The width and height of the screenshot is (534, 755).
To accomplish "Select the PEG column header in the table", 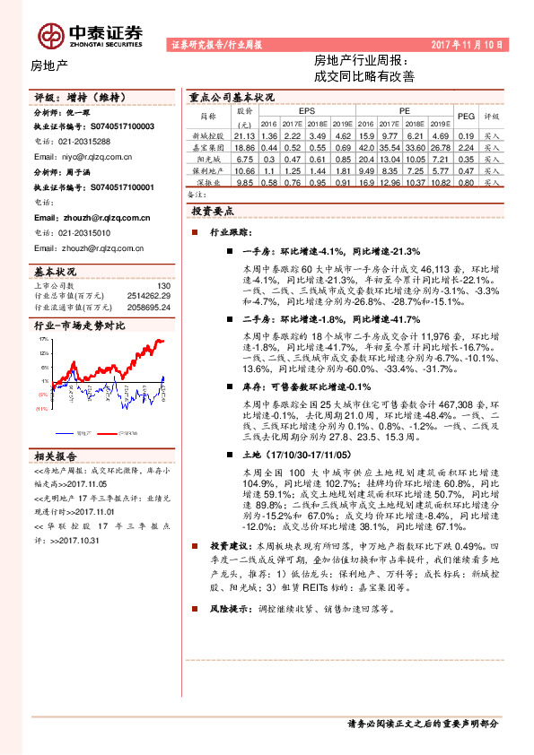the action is click(x=465, y=117).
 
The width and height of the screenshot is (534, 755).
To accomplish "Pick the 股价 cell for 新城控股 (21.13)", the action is click(x=244, y=135).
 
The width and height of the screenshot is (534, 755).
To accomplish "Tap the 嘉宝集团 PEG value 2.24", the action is click(x=465, y=146).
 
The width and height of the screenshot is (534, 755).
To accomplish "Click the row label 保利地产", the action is click(x=207, y=169).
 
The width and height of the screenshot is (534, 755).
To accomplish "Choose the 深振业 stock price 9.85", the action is click(x=244, y=182).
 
